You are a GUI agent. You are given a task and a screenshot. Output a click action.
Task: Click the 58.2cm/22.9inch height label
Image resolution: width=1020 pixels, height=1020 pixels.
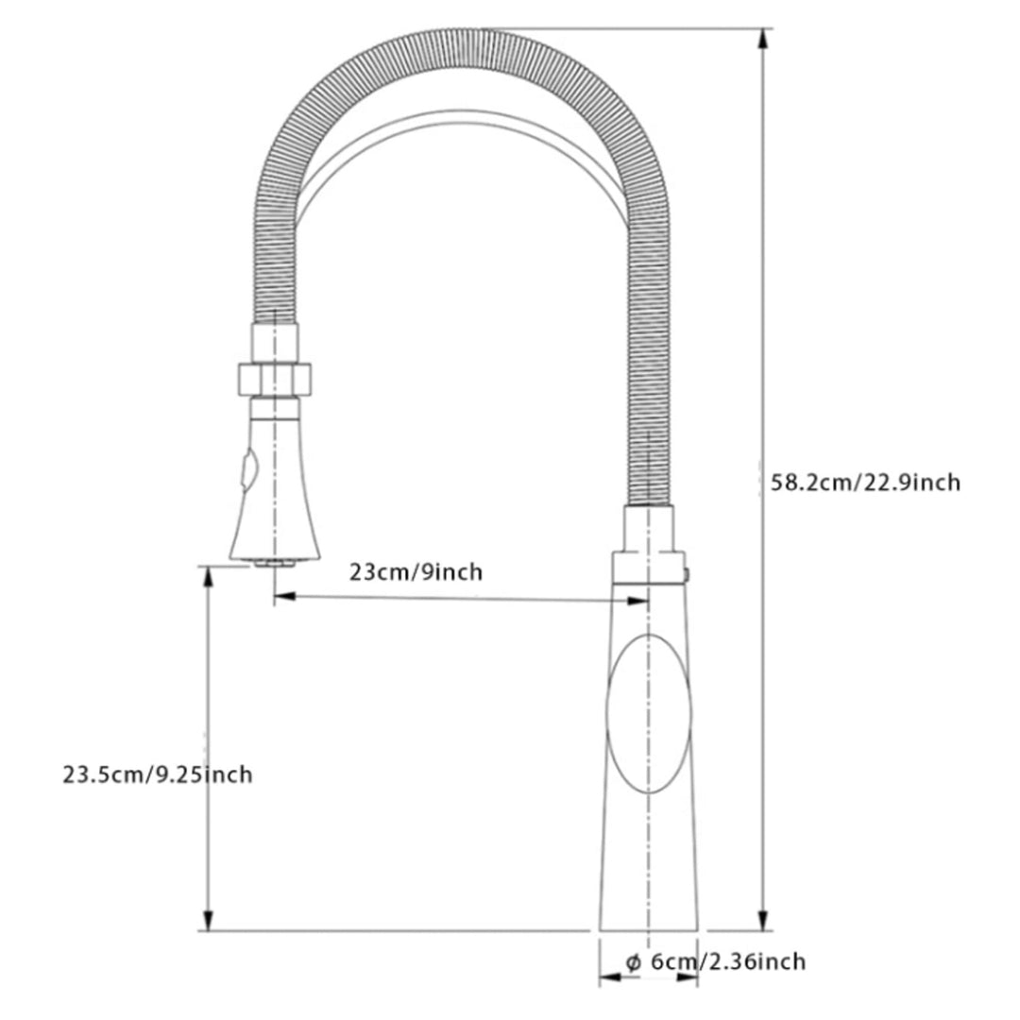pos(865,483)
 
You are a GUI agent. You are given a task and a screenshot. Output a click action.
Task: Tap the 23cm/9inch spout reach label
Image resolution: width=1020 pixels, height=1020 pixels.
pos(416,571)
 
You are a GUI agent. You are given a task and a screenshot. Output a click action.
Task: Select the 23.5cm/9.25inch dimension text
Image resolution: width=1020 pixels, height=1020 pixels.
pos(158,774)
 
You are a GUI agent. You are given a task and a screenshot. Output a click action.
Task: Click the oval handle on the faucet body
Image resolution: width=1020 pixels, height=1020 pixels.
pos(649,714)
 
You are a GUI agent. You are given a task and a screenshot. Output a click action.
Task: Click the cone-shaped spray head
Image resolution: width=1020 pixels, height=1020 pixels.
pos(275,489)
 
